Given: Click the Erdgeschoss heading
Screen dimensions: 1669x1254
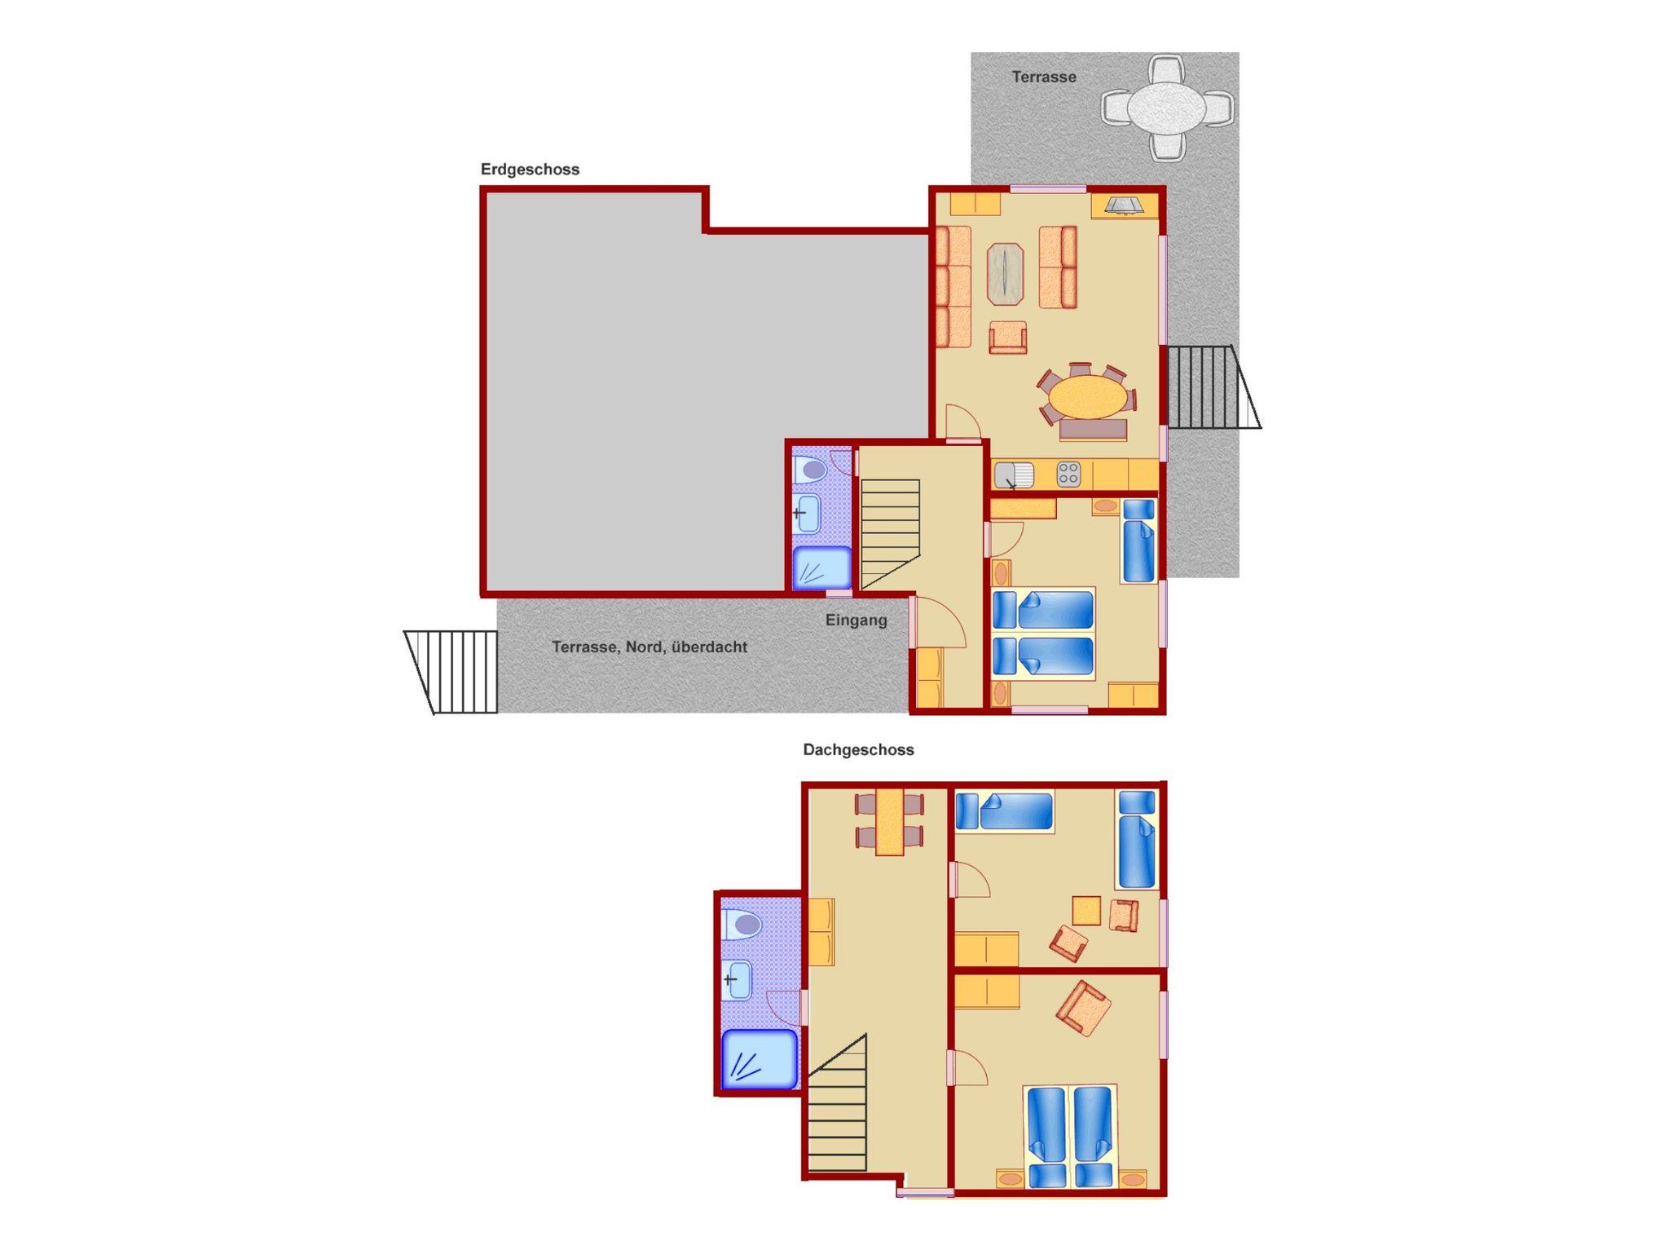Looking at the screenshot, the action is pos(530,170).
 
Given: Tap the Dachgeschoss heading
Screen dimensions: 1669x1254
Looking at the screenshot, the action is pos(858,750).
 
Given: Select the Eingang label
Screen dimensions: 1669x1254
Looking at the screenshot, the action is pos(856,620).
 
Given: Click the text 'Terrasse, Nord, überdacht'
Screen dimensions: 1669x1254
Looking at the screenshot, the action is pos(650,647).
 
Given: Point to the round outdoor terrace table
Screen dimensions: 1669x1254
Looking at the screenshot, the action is pos(1167,108).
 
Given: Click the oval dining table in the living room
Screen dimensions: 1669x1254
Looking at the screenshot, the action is pos(1087,397).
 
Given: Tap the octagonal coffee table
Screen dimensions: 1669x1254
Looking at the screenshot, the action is pos(1006,274).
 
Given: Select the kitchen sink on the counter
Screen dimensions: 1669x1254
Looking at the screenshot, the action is pos(1014,475).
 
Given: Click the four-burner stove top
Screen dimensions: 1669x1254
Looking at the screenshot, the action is pos(1068,475).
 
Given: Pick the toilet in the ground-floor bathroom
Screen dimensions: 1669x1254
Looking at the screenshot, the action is pos(811,469).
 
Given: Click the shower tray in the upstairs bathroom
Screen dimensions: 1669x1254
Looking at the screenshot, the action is pos(759,1059).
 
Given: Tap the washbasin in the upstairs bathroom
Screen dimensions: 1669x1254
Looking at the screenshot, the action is pos(738,979).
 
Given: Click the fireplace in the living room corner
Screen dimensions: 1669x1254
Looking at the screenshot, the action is pos(1125,205).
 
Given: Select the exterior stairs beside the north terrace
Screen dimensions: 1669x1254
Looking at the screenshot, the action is pos(451,672).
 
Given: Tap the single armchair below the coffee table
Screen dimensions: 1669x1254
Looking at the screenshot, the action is pos(1007,337).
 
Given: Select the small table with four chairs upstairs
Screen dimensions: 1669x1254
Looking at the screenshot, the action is pos(889,820).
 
